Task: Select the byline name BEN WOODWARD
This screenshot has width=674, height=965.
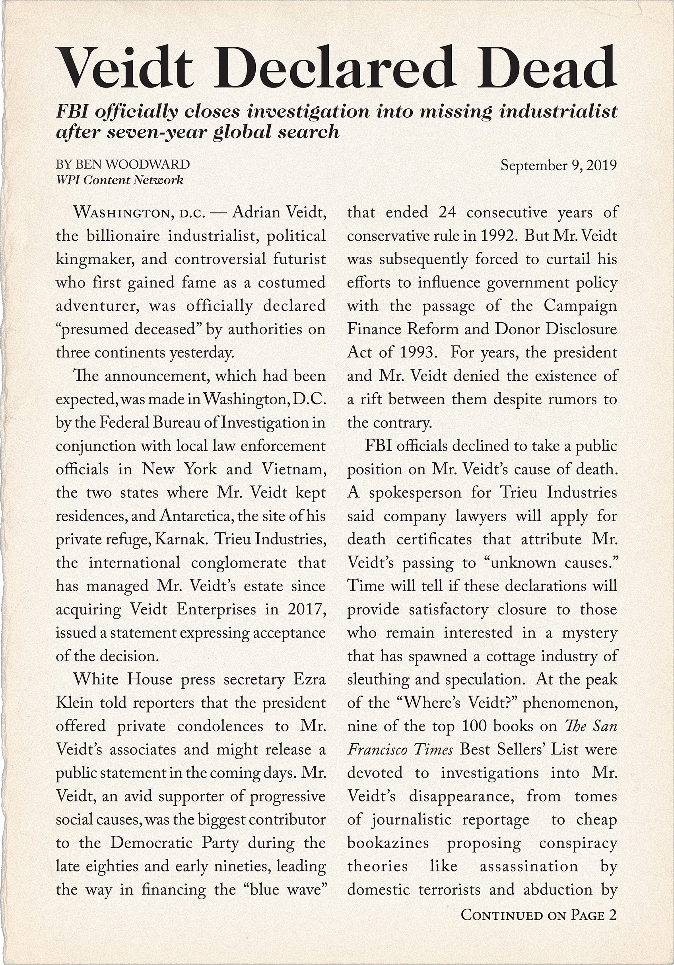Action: coord(132,164)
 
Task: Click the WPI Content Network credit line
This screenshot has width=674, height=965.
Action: coord(120,180)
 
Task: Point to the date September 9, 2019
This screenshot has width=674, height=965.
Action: coord(559,165)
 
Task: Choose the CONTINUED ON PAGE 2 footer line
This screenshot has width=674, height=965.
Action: coord(539,914)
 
